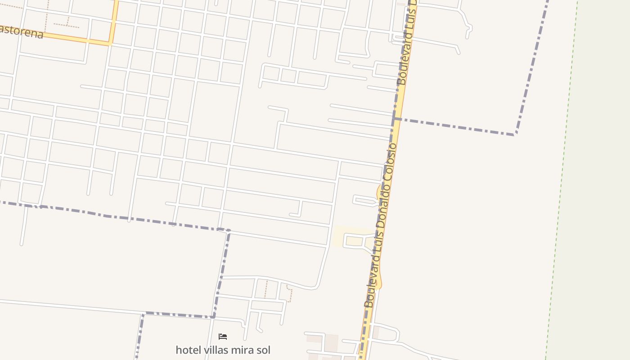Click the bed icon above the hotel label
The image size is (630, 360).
(223, 336)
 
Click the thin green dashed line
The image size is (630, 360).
(562, 180)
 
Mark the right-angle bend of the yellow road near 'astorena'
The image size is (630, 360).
(111, 44)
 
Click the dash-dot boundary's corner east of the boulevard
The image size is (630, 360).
(515, 134)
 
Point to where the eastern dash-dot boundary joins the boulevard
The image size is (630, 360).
(396, 119)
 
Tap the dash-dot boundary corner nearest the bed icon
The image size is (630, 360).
(213, 317)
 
